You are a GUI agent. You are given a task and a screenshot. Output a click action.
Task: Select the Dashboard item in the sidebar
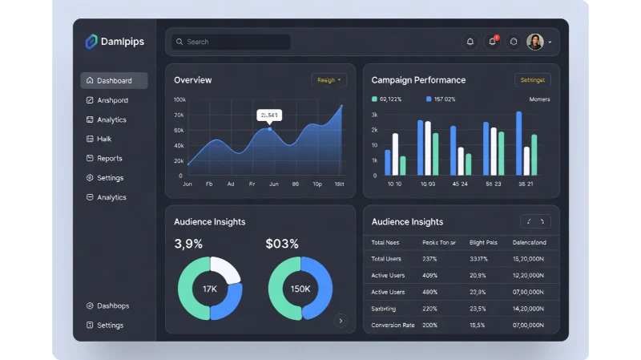[x=114, y=81]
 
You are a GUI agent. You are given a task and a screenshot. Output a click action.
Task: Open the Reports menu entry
[x=109, y=159]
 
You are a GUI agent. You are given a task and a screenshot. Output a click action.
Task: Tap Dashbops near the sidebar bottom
[x=112, y=306]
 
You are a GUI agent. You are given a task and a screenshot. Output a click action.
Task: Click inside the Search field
[x=231, y=42]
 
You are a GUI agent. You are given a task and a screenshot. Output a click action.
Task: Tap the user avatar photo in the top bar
[x=534, y=42]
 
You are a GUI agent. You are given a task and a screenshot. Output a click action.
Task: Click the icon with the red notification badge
[x=493, y=42]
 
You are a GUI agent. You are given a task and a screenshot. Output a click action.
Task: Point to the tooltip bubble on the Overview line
[x=269, y=115]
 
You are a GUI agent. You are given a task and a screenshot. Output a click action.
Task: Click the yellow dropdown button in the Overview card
[x=329, y=80]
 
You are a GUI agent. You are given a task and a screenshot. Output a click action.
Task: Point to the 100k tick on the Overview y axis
[x=179, y=99]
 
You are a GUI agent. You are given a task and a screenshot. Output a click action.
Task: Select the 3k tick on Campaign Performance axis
[x=374, y=115]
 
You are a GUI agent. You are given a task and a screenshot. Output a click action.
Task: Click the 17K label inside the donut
[x=210, y=289]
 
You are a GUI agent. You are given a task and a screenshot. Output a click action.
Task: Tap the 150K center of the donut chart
[x=300, y=289]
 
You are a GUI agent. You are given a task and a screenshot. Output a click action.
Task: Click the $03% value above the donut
[x=282, y=244]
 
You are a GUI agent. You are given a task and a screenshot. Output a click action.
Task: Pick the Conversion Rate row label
[x=393, y=326]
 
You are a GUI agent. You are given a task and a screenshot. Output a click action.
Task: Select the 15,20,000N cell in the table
[x=528, y=259]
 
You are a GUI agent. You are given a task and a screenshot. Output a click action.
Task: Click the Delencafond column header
[x=529, y=242]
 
